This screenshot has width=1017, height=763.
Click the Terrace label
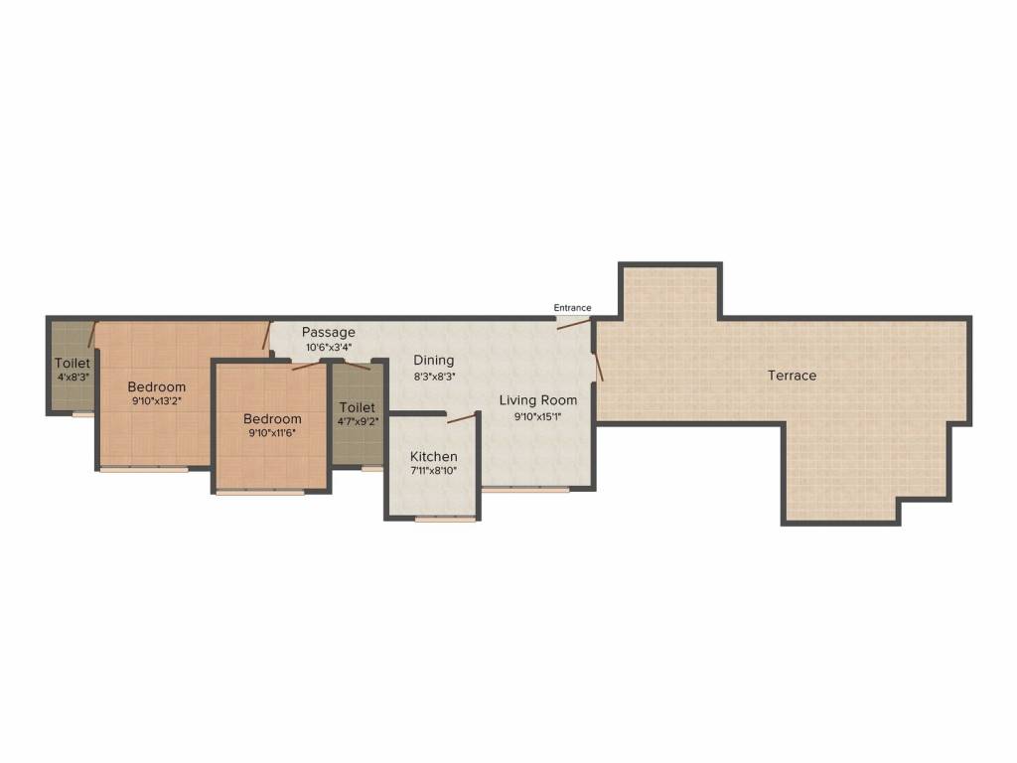(x=792, y=375)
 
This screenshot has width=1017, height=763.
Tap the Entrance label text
(x=572, y=308)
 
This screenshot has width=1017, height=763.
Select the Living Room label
(x=537, y=400)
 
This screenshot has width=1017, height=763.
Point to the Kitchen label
(x=433, y=456)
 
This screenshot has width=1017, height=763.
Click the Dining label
(x=434, y=360)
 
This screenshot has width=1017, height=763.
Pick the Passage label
(x=328, y=332)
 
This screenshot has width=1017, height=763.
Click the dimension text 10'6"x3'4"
(x=329, y=347)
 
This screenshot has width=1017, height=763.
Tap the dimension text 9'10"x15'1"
(x=537, y=416)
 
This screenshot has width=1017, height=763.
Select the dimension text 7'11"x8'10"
(x=433, y=471)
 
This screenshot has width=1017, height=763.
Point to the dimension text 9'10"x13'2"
(x=156, y=401)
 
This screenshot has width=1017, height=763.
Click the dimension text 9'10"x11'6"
(x=272, y=433)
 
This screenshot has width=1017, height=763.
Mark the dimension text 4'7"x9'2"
(x=358, y=421)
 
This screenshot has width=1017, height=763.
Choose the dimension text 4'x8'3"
(x=73, y=376)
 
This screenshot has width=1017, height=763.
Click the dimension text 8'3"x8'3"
(x=434, y=376)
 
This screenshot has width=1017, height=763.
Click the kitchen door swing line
(x=461, y=416)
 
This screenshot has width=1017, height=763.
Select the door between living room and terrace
(x=597, y=366)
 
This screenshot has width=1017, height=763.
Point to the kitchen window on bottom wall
(x=446, y=519)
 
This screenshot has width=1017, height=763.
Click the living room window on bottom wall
(x=525, y=490)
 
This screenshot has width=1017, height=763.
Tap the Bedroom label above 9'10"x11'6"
(x=272, y=418)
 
